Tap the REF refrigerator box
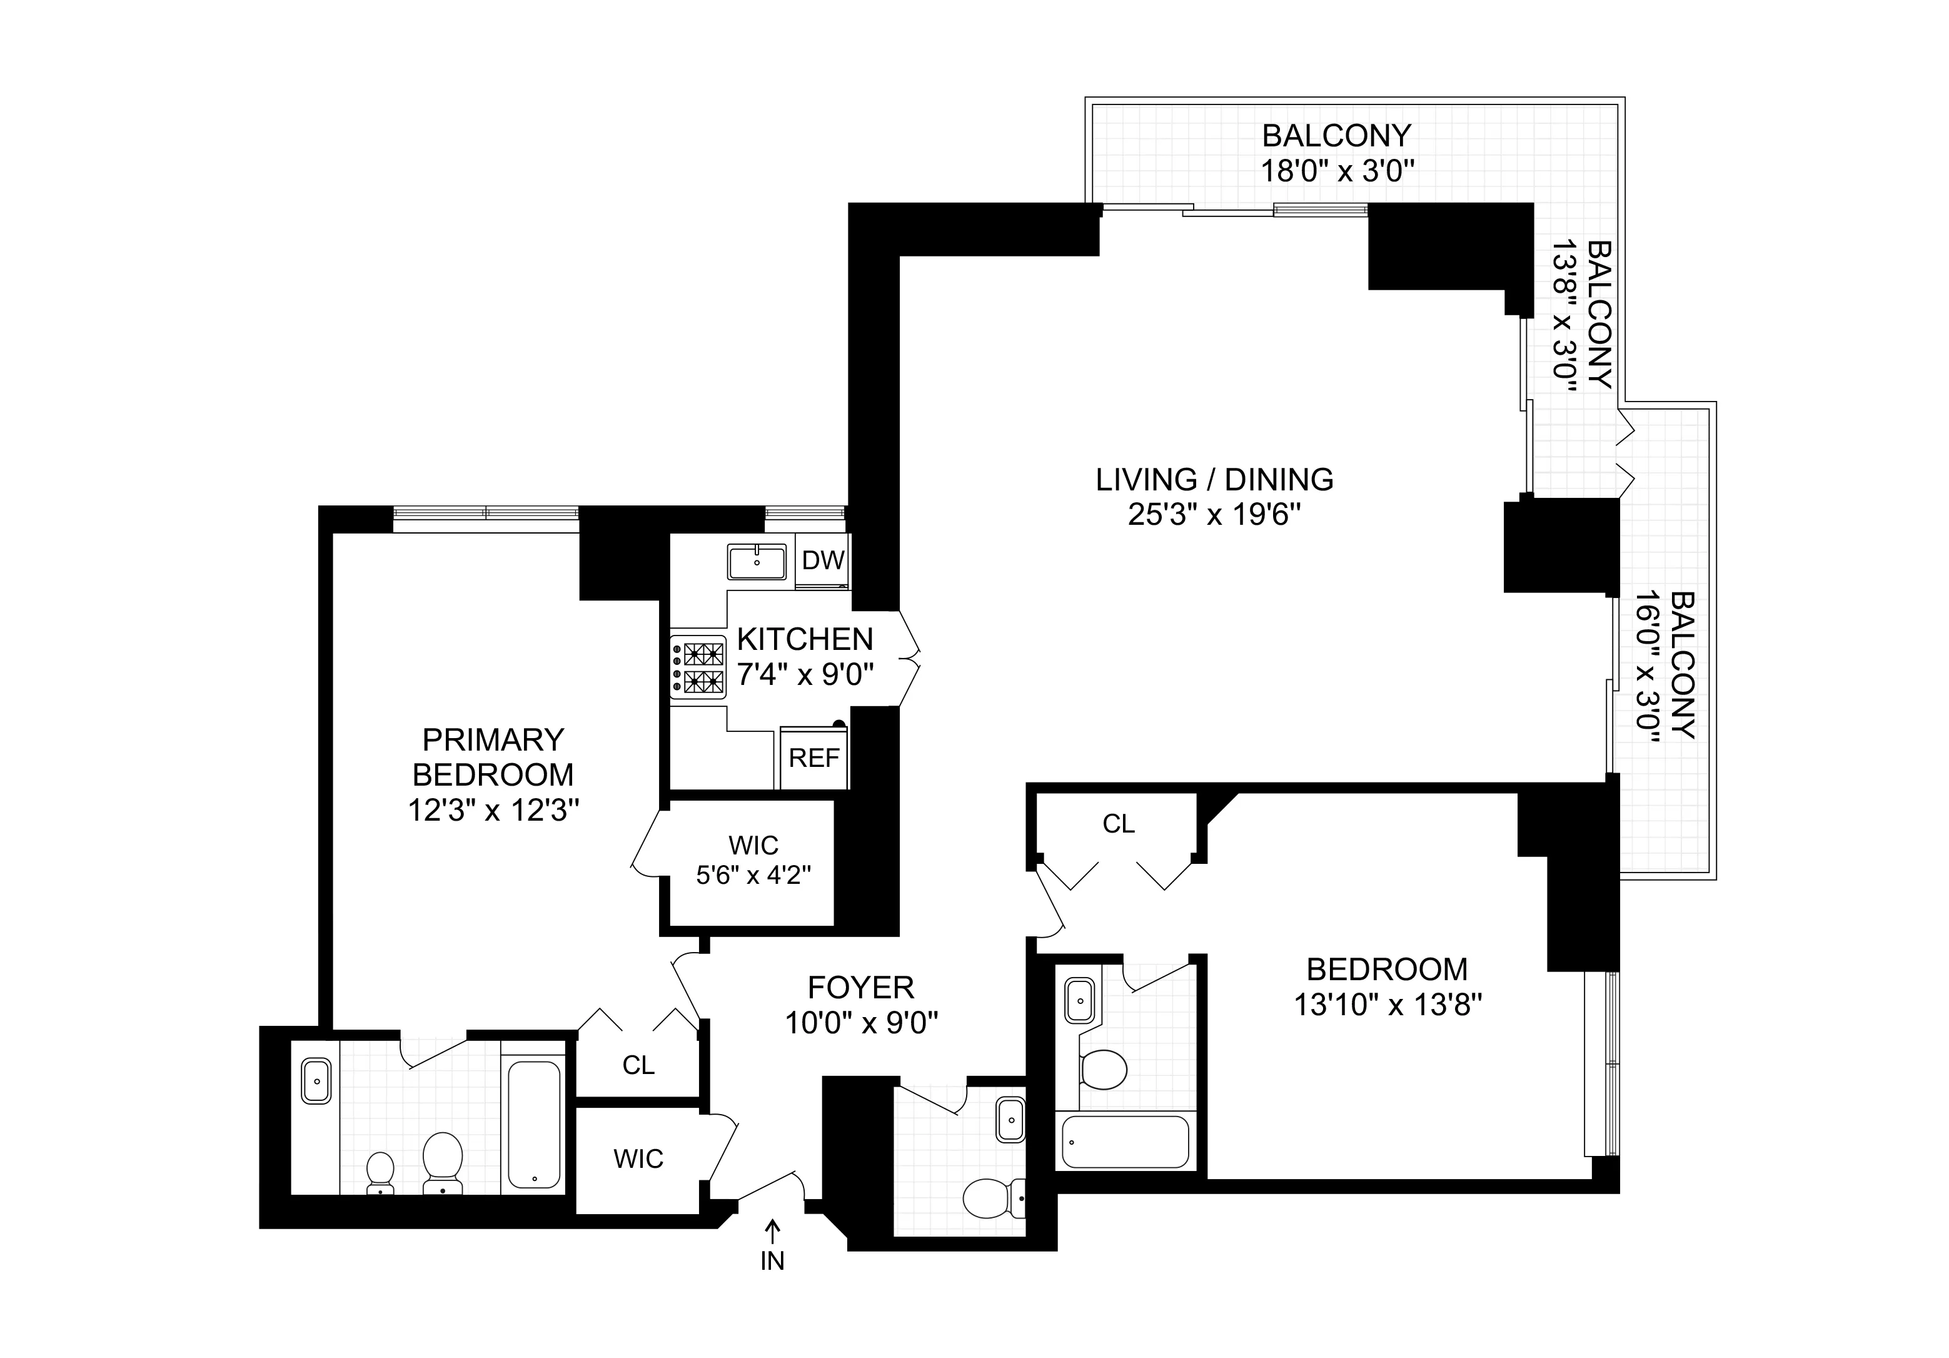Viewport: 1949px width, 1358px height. tap(813, 758)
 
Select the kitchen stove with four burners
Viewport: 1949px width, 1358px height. tap(698, 667)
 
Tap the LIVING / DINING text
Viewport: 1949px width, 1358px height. tap(1214, 480)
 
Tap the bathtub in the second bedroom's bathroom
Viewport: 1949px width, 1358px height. tap(1125, 1142)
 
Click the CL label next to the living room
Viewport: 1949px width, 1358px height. tap(1118, 824)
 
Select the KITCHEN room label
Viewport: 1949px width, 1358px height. tap(804, 639)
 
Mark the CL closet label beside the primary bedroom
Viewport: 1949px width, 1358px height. tap(638, 1065)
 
